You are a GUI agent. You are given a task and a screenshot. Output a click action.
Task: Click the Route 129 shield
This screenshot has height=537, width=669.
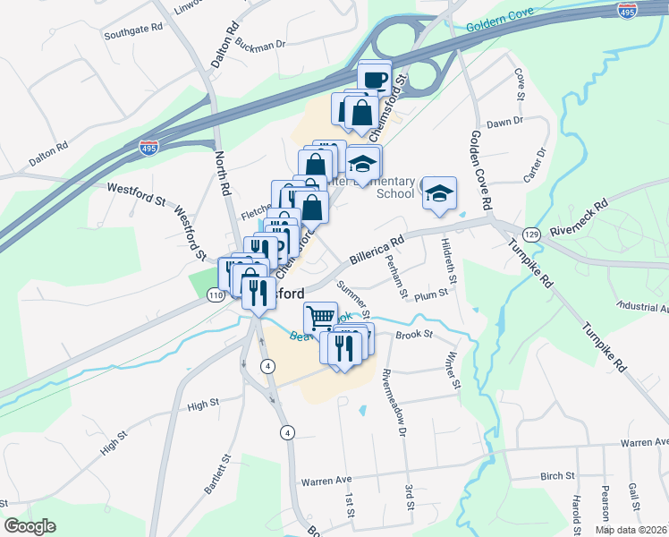(x=532, y=234)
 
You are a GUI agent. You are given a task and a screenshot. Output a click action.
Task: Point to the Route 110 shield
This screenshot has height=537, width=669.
(x=215, y=294)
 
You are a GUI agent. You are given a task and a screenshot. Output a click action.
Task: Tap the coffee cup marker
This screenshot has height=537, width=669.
(x=375, y=79)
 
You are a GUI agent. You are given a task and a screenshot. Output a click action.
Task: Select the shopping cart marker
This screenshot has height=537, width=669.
(x=320, y=317)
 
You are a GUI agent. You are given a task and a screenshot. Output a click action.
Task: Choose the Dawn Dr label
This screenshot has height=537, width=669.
(x=504, y=123)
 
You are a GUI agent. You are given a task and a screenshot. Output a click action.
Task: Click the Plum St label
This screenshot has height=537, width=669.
(x=430, y=293)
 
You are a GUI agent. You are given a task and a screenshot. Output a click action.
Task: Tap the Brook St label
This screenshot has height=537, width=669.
(x=414, y=335)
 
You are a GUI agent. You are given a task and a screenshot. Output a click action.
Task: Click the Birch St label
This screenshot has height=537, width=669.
(x=556, y=477)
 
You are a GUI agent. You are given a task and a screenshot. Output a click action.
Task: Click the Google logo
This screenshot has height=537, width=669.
(x=30, y=526)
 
